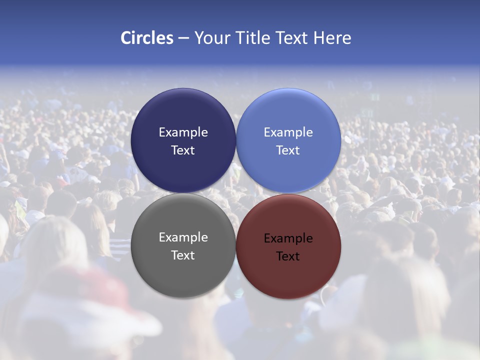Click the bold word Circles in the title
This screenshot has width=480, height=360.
click(x=146, y=38)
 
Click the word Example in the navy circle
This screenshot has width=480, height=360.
click(x=183, y=132)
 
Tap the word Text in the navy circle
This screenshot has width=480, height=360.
click(x=183, y=150)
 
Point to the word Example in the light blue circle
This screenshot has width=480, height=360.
click(x=288, y=132)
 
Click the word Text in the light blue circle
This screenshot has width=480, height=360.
click(x=288, y=150)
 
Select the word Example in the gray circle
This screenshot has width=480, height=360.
click(x=183, y=237)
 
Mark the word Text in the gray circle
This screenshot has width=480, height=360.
click(x=183, y=255)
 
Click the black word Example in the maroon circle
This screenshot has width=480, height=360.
click(x=288, y=238)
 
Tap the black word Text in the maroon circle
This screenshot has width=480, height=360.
click(x=288, y=256)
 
